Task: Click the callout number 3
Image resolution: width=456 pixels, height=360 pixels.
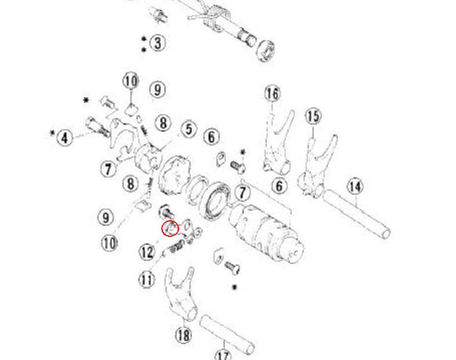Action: coord(157,43)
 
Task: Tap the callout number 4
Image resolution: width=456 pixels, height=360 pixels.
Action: coord(65,138)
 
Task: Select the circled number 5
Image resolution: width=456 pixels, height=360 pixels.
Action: coord(189,129)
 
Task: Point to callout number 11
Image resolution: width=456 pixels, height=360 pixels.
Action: coord(147,280)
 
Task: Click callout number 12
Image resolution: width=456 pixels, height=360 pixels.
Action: coord(147,252)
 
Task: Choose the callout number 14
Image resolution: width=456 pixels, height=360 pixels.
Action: coord(355,186)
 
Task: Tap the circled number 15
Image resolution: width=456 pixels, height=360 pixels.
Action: coord(313,116)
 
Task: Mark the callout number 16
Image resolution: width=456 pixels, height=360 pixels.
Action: coord(273,93)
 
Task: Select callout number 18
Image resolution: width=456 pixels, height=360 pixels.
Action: coord(183,335)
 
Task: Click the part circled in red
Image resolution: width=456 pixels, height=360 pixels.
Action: coord(170,228)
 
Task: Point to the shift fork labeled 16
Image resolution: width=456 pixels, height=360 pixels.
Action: coord(278,142)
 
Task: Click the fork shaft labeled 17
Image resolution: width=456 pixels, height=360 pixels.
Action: coord(227,334)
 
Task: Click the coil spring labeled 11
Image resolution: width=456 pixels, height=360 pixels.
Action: coord(175,249)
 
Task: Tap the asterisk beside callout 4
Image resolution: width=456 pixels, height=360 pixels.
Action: coord(52,134)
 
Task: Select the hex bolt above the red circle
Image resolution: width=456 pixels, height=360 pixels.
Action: coord(167,211)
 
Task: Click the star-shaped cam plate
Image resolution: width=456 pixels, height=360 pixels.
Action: coord(174,175)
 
